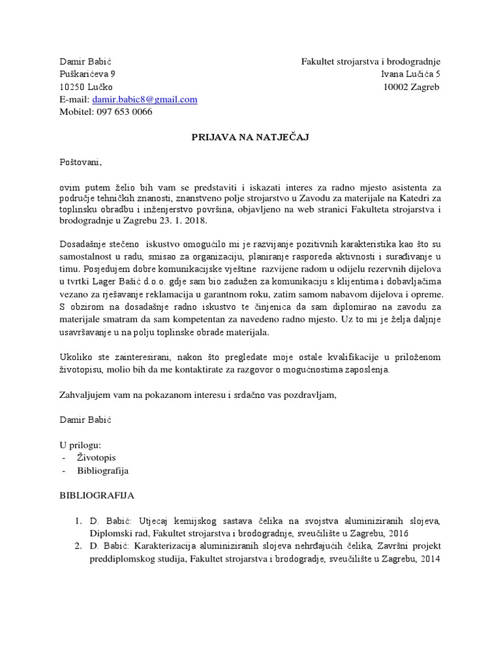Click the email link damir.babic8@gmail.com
(x=144, y=99)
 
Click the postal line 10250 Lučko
(x=85, y=87)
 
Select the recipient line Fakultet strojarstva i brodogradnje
(x=371, y=62)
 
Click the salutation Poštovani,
(x=81, y=162)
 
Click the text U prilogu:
(x=82, y=445)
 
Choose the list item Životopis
(x=96, y=458)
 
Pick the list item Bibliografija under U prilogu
(x=103, y=470)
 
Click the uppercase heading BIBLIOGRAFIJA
(x=97, y=496)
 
